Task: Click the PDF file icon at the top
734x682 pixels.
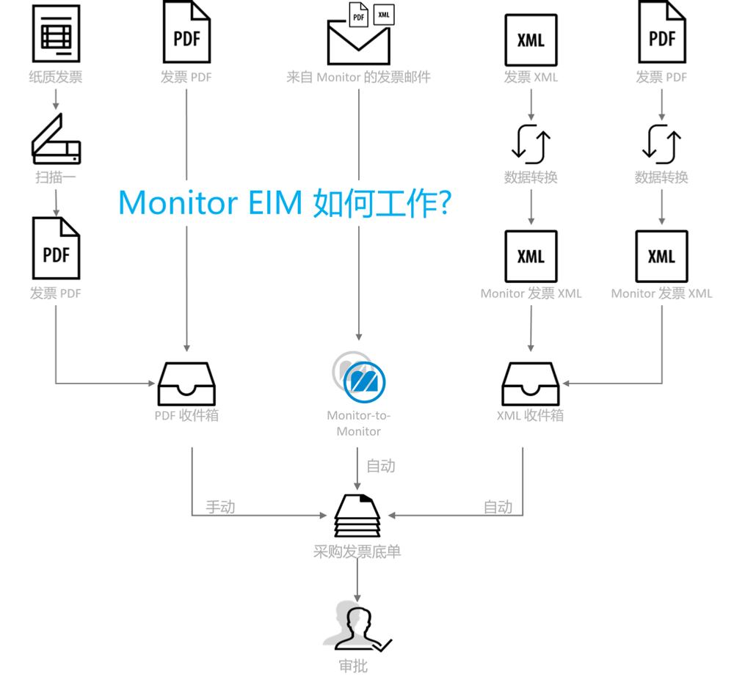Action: (x=358, y=15)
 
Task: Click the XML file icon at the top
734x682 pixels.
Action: (x=385, y=15)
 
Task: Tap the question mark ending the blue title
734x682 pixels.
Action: (x=446, y=202)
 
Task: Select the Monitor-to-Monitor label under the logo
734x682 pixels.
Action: (x=359, y=423)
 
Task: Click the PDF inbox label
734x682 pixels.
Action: (x=187, y=416)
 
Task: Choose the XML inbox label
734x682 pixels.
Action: (x=531, y=416)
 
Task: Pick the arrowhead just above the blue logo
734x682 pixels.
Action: (x=358, y=336)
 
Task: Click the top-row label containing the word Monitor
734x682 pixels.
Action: (x=358, y=76)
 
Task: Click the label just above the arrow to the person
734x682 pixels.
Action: (x=357, y=551)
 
